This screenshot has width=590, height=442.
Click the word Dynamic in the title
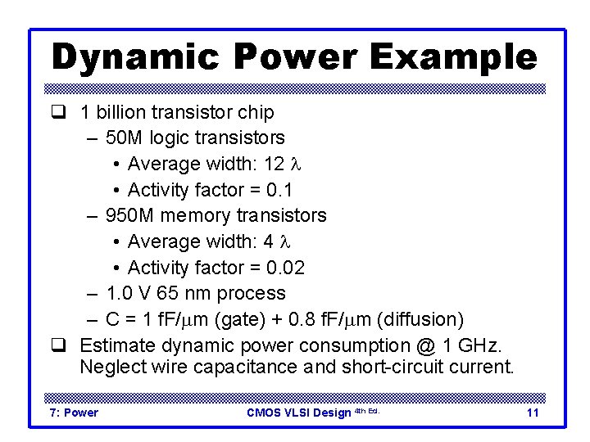click(136, 56)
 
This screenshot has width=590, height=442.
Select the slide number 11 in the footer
click(533, 413)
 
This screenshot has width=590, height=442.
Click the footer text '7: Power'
click(74, 413)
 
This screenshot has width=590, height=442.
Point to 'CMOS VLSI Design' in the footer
click(298, 413)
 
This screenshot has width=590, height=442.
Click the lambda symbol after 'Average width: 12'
click(297, 164)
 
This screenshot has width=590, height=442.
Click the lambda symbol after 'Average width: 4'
click(286, 241)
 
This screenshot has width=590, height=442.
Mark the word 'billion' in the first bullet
click(119, 112)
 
